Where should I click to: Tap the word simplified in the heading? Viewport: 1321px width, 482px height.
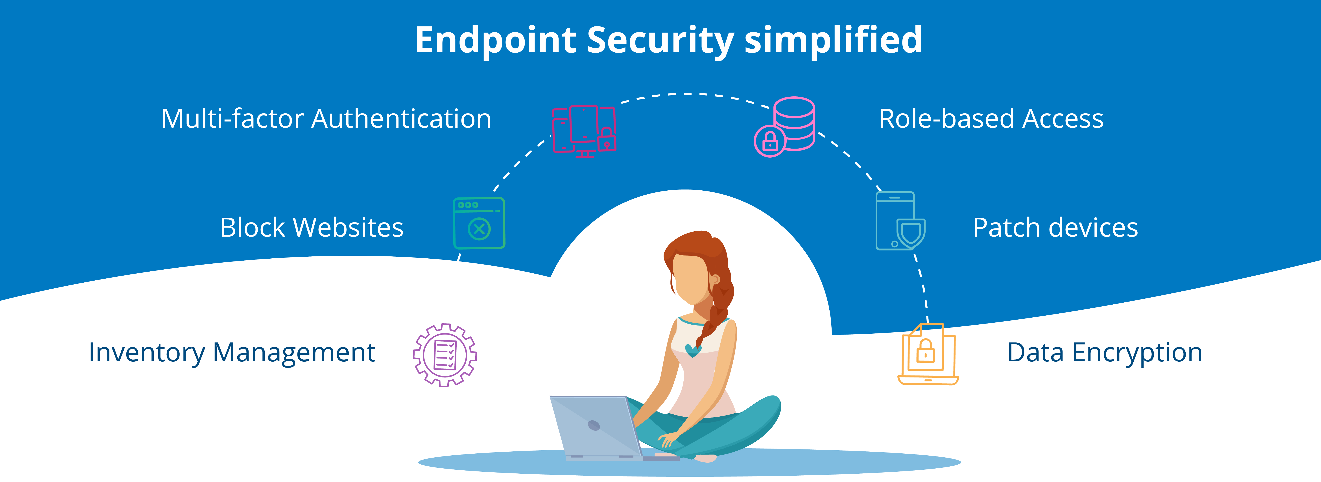[x=833, y=40]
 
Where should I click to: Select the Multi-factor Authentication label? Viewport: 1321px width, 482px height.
[x=326, y=119]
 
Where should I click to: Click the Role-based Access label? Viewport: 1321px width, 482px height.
[x=991, y=119]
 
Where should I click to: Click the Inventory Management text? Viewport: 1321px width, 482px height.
[x=232, y=353]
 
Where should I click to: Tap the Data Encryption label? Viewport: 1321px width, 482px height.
[x=1105, y=353]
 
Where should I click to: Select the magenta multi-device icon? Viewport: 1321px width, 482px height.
[x=584, y=131]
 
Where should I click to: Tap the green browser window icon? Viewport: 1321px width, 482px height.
[x=479, y=223]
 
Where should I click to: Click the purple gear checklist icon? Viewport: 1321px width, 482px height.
[x=445, y=355]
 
